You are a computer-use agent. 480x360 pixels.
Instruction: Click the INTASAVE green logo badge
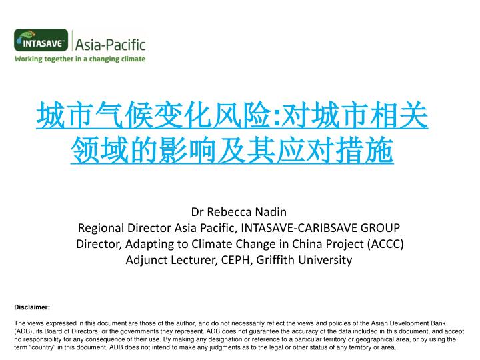coord(41,40)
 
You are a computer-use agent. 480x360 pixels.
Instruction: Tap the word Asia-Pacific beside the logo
coord(110,45)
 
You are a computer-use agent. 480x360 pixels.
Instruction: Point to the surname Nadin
coord(271,212)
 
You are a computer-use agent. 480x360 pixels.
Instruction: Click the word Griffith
coord(276,259)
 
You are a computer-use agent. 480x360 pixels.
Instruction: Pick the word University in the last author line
coord(325,260)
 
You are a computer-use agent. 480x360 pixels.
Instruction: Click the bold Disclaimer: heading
coord(32,307)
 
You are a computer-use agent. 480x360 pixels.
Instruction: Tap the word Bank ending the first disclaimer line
coord(438,323)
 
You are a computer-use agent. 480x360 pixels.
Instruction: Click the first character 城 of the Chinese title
coord(50,115)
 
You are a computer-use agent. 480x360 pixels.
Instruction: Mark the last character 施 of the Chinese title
coord(379,150)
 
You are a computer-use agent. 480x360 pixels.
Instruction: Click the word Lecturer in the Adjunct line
coord(194,260)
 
